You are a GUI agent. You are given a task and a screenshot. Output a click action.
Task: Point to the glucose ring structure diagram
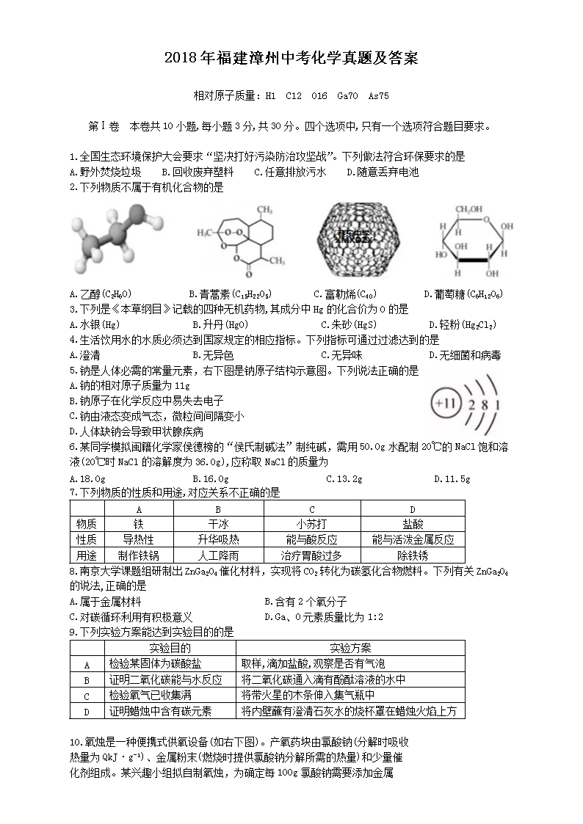[x=468, y=243]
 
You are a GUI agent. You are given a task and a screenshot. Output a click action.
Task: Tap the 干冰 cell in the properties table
[x=218, y=524]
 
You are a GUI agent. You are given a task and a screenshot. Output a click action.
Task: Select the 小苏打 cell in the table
[x=311, y=524]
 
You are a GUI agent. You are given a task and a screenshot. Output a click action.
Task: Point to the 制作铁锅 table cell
[x=139, y=555]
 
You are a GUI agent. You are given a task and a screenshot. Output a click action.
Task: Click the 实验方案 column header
[x=350, y=648]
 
